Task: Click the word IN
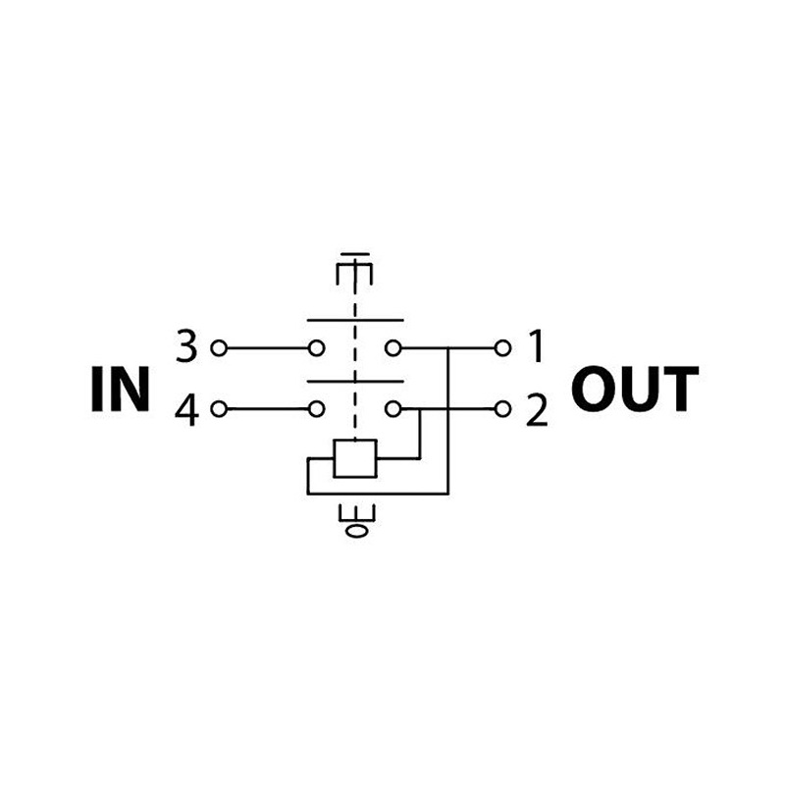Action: click(x=121, y=389)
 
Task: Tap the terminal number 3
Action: click(x=186, y=346)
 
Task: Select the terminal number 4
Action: click(x=186, y=410)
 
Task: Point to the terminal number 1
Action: click(x=536, y=346)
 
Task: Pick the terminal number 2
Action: click(x=536, y=410)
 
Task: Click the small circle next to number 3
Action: click(x=218, y=347)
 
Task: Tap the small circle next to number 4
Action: click(x=218, y=408)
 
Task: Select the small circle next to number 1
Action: click(x=503, y=347)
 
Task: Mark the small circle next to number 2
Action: click(x=503, y=408)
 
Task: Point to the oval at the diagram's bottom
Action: click(x=356, y=531)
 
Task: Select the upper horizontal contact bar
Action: click(x=355, y=320)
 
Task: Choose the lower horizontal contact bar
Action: click(x=355, y=382)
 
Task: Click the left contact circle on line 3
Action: click(x=317, y=347)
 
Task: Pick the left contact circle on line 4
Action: click(x=317, y=408)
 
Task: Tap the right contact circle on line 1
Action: click(x=392, y=347)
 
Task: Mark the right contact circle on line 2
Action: click(x=392, y=408)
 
